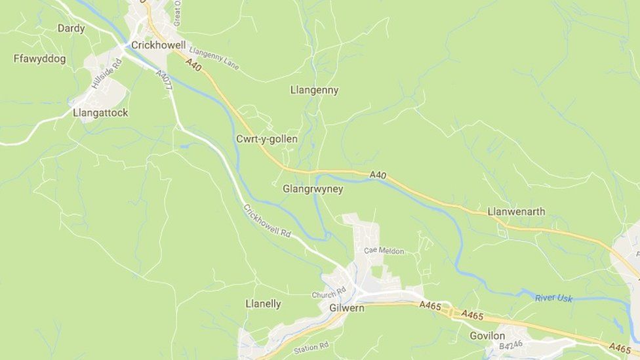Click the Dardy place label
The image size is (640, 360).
(x=71, y=28)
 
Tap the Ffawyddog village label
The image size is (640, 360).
(x=39, y=59)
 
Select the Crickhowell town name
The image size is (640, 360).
(x=159, y=45)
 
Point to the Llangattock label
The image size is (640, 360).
(x=100, y=113)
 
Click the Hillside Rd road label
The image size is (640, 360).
(x=106, y=73)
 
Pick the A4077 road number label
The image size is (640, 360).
(x=164, y=80)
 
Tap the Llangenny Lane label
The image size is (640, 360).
(x=214, y=58)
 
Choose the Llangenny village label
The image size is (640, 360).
(x=314, y=90)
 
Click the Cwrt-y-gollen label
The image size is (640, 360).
(x=266, y=139)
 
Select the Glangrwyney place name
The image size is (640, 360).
(x=313, y=189)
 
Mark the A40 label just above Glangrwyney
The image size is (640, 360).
(x=378, y=175)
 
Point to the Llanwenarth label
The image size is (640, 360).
(x=516, y=212)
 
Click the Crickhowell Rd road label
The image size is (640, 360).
(x=267, y=221)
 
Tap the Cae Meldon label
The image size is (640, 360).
(x=384, y=250)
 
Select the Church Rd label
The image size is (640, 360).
(x=329, y=293)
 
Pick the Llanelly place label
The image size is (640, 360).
(x=263, y=304)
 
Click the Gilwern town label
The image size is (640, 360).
(x=346, y=308)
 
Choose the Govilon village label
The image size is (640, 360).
(x=487, y=336)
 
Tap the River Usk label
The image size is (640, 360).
(x=553, y=298)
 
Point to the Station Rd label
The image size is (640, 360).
(x=311, y=348)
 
